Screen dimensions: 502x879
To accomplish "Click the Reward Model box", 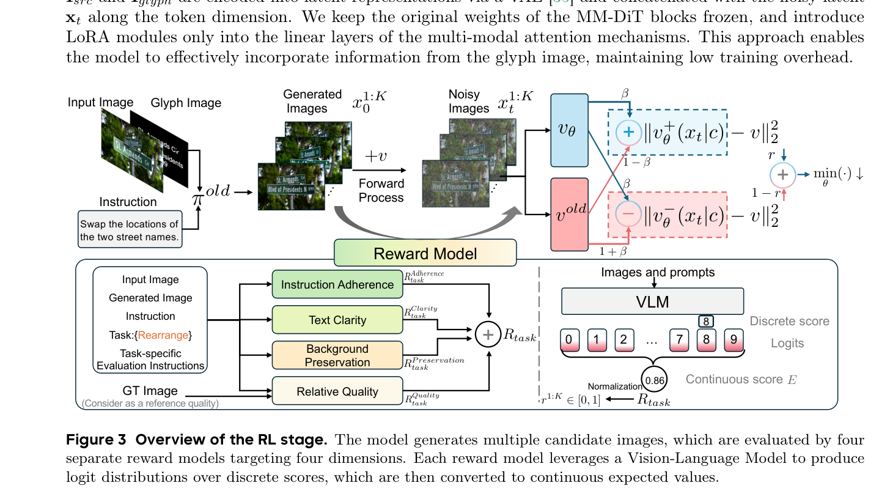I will pos(425,253).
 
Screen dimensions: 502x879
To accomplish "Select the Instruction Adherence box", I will pos(337,284).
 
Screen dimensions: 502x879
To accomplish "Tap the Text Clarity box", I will pos(337,320).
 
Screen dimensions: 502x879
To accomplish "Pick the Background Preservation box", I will pos(337,355).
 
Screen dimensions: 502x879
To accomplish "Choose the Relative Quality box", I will pos(337,391).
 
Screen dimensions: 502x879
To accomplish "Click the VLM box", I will pos(652,301).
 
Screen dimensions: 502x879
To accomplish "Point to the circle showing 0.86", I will pos(655,380).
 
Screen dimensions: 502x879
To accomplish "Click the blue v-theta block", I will pos(569,130).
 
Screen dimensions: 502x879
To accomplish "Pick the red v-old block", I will pos(569,214).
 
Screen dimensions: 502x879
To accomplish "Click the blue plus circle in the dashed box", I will pos(629,133).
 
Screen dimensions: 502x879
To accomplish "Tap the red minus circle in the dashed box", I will pos(629,215).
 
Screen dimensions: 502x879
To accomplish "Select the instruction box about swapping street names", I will pos(130,229).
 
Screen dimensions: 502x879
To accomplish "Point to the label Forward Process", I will pos(381,190).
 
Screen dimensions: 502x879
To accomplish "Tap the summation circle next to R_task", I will pos(487,334).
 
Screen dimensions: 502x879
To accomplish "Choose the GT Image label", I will pos(150,391).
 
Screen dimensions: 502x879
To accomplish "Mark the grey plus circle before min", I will pos(782,174).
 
